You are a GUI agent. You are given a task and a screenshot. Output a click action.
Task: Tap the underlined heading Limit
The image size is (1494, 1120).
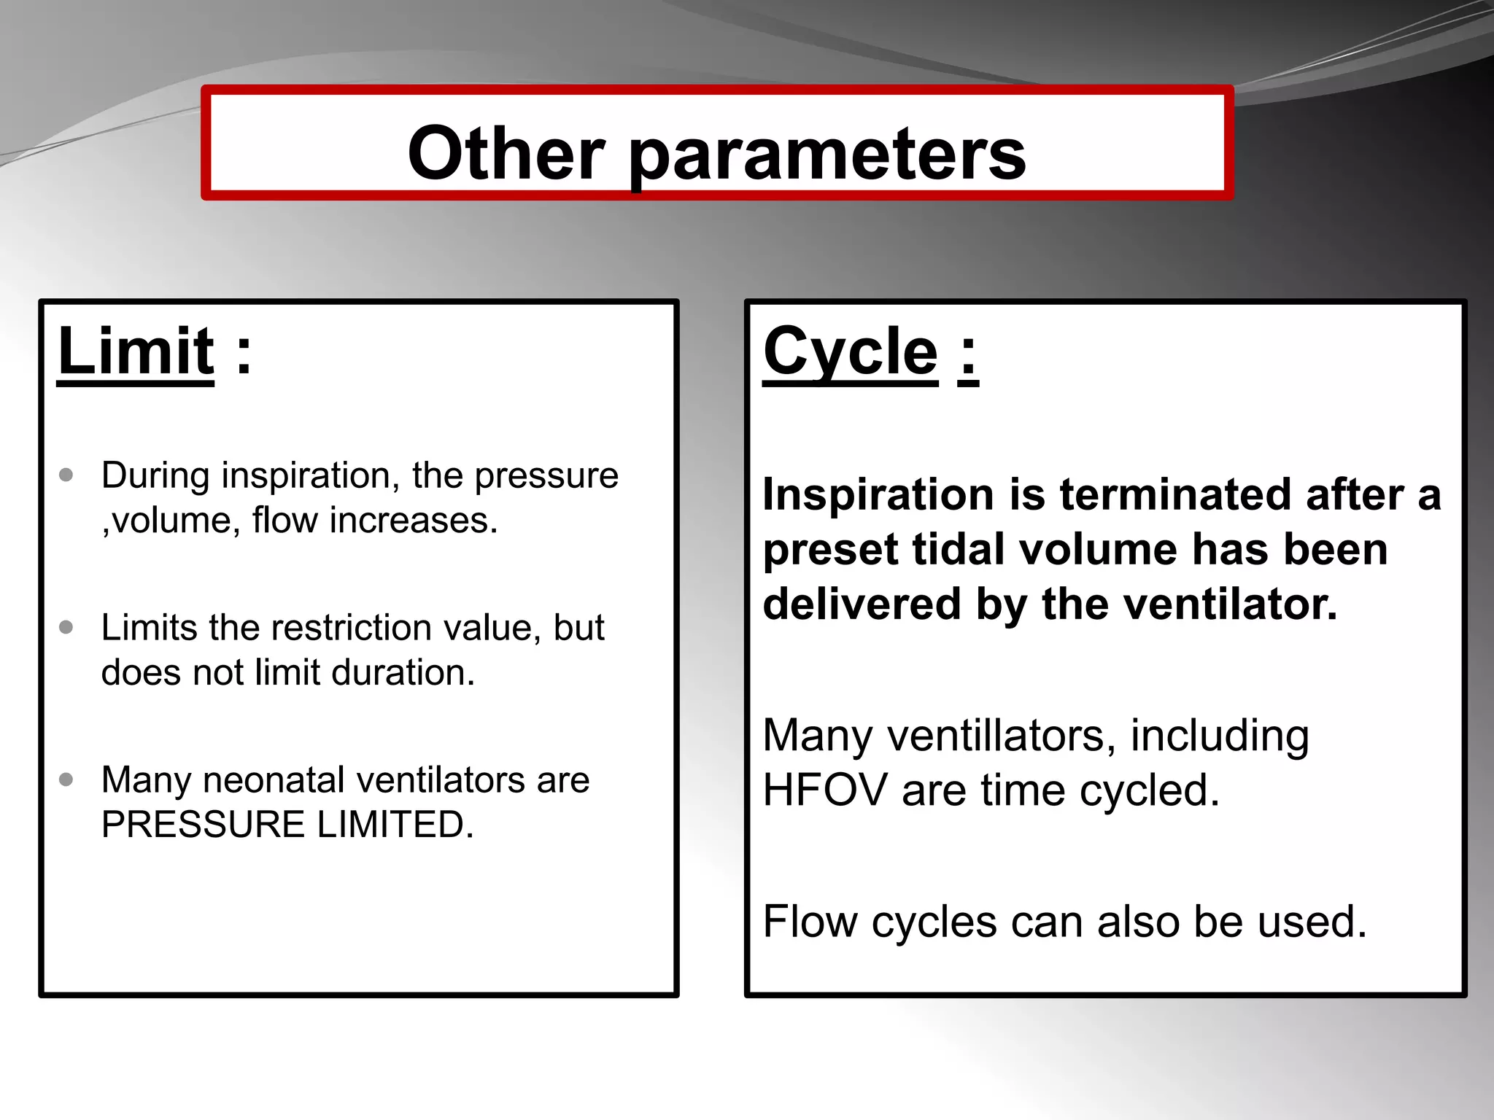click(136, 351)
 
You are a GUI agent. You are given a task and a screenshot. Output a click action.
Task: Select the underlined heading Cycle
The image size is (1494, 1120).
click(851, 351)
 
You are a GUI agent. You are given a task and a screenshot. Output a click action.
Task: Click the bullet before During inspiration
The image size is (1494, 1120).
click(66, 475)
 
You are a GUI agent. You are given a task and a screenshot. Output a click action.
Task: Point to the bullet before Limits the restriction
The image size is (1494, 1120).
click(66, 627)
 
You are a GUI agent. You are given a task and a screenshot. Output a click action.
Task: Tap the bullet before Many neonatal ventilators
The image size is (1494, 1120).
click(66, 779)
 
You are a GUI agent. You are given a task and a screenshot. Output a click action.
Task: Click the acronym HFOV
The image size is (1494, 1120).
click(824, 790)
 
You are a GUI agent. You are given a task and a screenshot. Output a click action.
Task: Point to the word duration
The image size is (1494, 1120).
click(403, 672)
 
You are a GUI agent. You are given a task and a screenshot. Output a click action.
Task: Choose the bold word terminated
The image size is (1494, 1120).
click(1177, 495)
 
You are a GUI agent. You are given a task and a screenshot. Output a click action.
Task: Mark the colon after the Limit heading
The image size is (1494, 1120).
click(244, 354)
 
